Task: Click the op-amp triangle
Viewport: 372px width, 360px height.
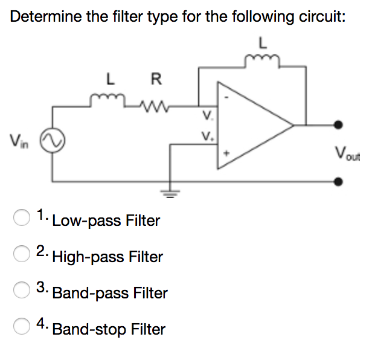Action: click(x=254, y=126)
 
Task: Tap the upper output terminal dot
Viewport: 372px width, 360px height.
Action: click(x=339, y=126)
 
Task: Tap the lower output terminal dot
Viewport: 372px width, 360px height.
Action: click(x=339, y=181)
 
